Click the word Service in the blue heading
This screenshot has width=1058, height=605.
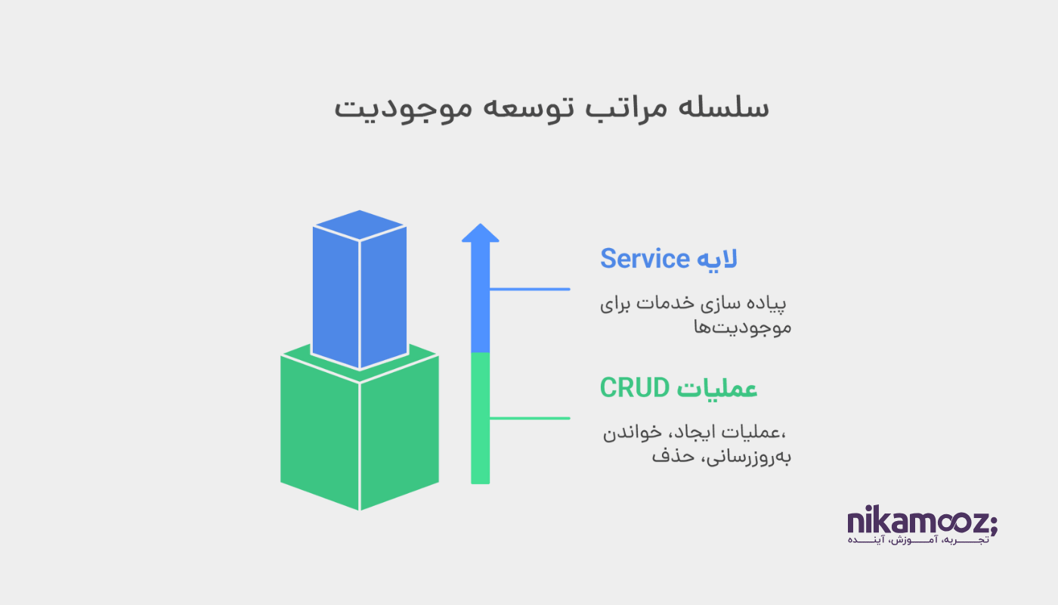pos(645,259)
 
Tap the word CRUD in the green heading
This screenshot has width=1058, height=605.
pos(634,388)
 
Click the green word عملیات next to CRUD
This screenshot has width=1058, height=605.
pos(717,389)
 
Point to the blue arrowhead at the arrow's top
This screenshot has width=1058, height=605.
pos(481,233)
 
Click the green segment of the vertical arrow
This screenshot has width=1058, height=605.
pos(481,418)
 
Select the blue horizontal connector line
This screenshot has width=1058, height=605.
pos(530,289)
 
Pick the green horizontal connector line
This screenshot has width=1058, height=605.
pos(530,417)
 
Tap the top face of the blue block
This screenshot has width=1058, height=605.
pos(360,225)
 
